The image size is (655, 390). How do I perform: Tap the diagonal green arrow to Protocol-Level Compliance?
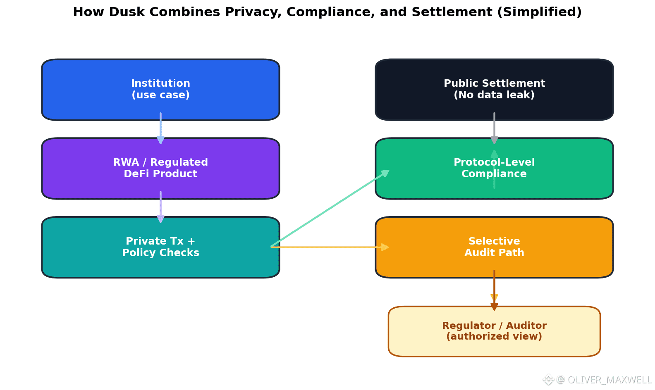click(331, 208)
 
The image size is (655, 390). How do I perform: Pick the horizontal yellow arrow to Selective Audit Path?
click(331, 247)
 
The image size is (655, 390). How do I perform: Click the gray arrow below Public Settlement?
click(494, 128)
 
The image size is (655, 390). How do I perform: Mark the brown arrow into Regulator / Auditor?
click(494, 289)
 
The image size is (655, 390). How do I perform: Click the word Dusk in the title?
click(127, 12)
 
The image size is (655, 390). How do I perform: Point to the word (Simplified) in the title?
click(539, 12)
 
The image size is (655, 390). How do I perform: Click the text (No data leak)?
click(494, 95)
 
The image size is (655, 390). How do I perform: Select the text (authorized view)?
click(494, 336)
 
